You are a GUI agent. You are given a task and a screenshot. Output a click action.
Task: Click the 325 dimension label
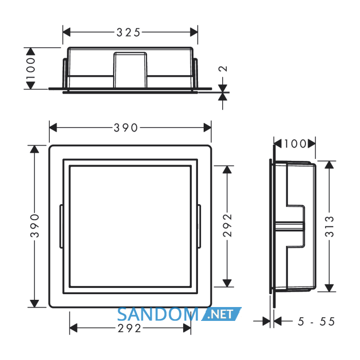click(129, 32)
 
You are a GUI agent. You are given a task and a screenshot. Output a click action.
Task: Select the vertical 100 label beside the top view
click(30, 68)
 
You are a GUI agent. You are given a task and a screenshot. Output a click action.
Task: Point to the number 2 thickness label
click(223, 68)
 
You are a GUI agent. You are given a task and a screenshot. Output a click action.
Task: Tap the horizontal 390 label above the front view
click(125, 128)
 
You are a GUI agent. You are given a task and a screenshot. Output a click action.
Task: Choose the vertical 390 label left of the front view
click(34, 226)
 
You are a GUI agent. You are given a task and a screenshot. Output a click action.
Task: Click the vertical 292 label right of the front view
click(227, 225)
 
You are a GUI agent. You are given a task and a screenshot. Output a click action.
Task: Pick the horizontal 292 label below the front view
click(129, 329)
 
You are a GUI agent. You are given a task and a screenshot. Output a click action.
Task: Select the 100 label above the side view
click(295, 144)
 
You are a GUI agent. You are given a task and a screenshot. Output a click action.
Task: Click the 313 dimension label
click(329, 227)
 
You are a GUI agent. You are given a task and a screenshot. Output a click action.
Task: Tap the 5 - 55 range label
click(316, 321)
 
